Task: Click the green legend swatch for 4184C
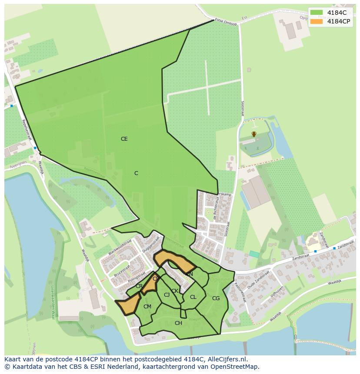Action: click(x=317, y=12)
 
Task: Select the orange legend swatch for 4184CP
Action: click(x=317, y=21)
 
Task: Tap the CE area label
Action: click(x=124, y=139)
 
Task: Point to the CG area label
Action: click(x=216, y=298)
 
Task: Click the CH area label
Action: click(x=178, y=323)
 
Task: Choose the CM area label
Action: click(x=147, y=307)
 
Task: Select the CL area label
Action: click(x=193, y=297)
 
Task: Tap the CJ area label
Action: click(x=167, y=295)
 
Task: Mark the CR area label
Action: click(x=139, y=286)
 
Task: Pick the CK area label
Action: click(x=175, y=291)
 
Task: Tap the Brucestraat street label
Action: click(x=122, y=269)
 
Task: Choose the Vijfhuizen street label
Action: click(x=277, y=293)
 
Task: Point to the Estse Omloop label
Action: click(x=226, y=22)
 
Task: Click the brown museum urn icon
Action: click(x=254, y=134)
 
